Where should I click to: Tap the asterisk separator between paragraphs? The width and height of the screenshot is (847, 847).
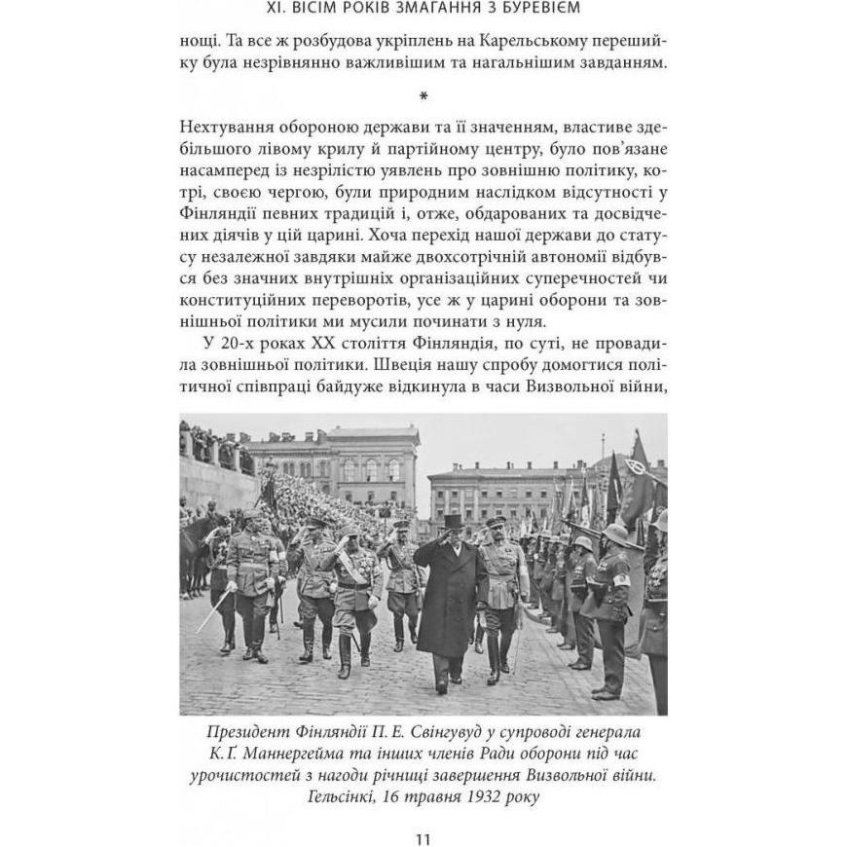point(423,96)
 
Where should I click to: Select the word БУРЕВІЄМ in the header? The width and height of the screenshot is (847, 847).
point(526,11)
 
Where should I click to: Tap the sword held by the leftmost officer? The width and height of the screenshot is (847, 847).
point(213,611)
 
